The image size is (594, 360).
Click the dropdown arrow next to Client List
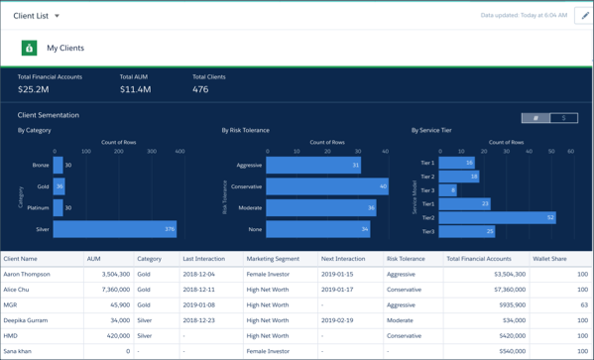tap(57, 16)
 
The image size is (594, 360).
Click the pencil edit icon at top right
tap(583, 16)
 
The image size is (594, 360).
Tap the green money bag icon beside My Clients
tap(29, 48)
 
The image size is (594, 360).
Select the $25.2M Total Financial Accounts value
tap(34, 90)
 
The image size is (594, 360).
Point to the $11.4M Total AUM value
tap(135, 90)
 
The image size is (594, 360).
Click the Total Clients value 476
tap(200, 90)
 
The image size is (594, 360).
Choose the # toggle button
tap(535, 118)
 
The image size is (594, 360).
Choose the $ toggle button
tap(563, 118)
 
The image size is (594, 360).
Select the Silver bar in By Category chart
tap(114, 229)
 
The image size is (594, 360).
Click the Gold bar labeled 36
tap(59, 186)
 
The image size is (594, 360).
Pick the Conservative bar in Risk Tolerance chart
tap(326, 186)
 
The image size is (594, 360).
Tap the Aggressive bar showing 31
tap(312, 166)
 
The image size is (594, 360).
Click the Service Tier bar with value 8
tap(447, 190)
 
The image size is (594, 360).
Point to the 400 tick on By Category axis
tap(180, 152)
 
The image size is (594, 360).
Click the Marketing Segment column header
tap(273, 259)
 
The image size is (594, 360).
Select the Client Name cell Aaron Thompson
tap(26, 275)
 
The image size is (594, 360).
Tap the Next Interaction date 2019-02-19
tap(337, 320)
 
